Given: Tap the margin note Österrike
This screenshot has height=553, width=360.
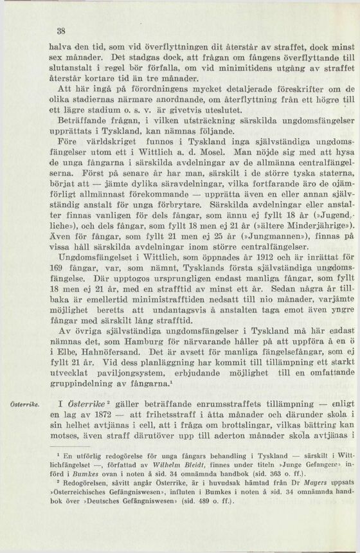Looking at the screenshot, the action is coord(23,403).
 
